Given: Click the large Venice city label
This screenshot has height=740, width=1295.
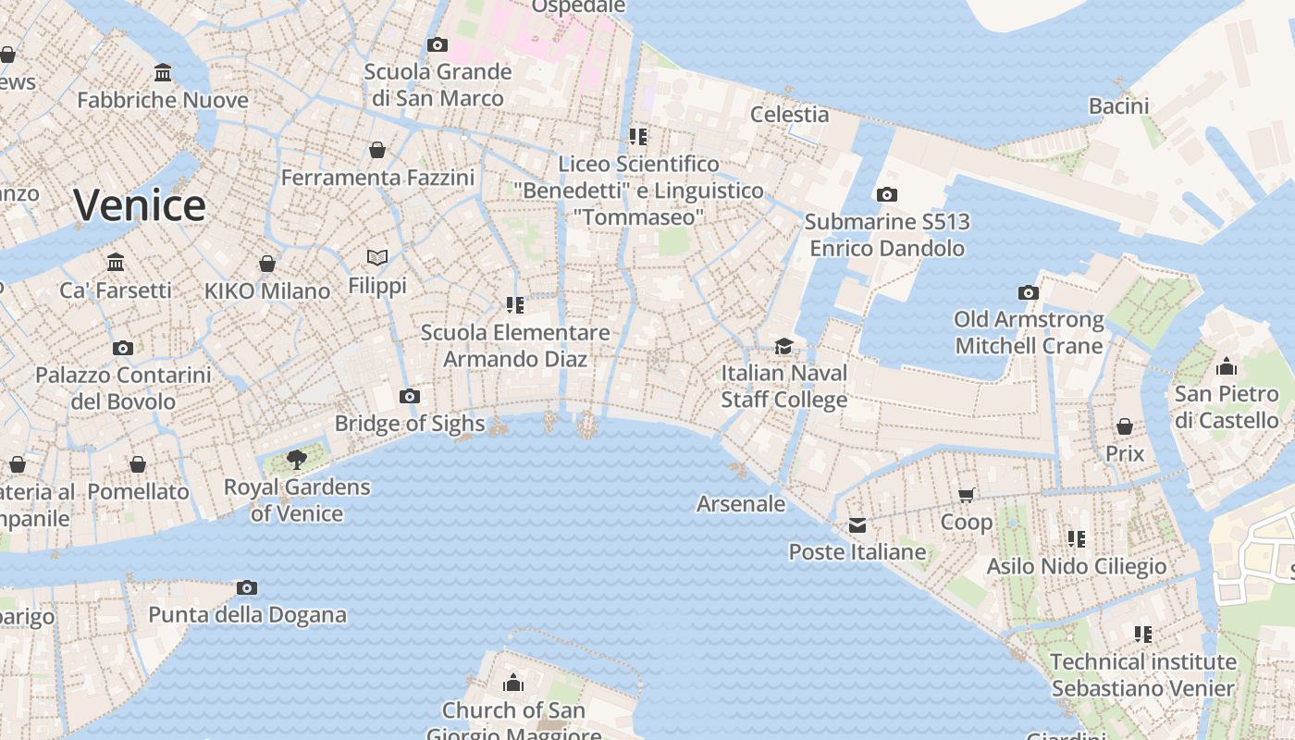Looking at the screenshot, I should tap(139, 204).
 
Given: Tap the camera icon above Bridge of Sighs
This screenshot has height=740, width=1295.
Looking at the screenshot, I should tap(409, 397).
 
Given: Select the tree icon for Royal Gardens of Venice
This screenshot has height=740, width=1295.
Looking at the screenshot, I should tap(297, 459).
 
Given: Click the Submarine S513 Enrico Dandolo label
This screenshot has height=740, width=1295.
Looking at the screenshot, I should tap(887, 235).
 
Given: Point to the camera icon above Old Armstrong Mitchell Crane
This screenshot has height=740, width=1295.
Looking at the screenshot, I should tap(1028, 293).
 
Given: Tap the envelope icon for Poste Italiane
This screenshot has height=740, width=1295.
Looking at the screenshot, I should tap(857, 525).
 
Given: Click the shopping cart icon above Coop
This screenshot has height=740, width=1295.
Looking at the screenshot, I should tap(967, 495).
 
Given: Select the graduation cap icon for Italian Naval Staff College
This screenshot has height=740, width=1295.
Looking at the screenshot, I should tap(783, 346).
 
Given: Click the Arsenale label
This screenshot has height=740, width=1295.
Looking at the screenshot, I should tap(741, 504).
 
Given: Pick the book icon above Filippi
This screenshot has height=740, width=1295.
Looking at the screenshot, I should tap(376, 257).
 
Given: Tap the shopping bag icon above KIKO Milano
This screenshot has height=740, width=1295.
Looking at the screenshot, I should tap(267, 264).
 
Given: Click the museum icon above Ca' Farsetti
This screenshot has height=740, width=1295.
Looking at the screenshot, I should tap(116, 263).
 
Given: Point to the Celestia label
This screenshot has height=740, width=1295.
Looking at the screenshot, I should tap(789, 114).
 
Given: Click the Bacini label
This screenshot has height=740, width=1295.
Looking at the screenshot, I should tap(1118, 105).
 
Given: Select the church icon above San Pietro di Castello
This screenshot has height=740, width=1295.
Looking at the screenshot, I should tap(1227, 366).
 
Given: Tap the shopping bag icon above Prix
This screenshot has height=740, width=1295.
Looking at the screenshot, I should tap(1125, 426).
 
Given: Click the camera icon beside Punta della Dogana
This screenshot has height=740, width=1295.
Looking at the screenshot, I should tap(246, 587).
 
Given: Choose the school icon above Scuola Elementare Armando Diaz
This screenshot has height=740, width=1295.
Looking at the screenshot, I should tap(514, 304).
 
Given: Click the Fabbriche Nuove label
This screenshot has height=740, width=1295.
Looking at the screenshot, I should tap(163, 100).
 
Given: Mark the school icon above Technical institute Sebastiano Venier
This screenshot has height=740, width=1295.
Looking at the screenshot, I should tap(1143, 635).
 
